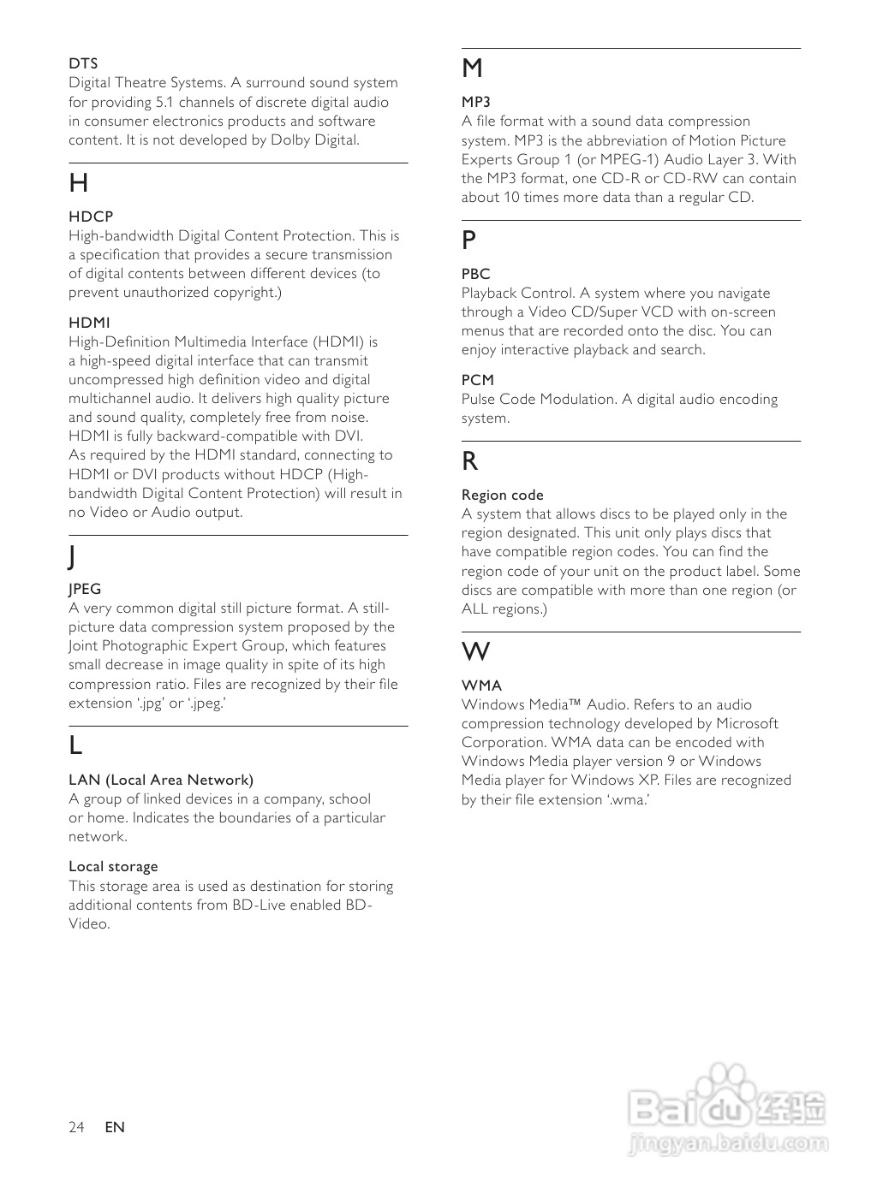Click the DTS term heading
click(x=83, y=64)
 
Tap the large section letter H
click(x=79, y=183)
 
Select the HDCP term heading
click(x=91, y=217)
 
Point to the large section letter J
click(x=73, y=556)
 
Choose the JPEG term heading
click(x=85, y=590)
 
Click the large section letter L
click(x=76, y=746)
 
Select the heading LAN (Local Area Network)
click(x=161, y=780)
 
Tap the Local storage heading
click(x=113, y=867)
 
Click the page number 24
click(x=77, y=1127)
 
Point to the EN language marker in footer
click(x=115, y=1127)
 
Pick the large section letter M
click(x=472, y=68)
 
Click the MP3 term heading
click(x=476, y=103)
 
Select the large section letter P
click(x=469, y=240)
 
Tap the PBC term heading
click(x=476, y=275)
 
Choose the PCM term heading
click(x=478, y=381)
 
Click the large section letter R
click(x=470, y=462)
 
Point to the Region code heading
click(x=503, y=496)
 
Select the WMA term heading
click(x=482, y=686)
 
